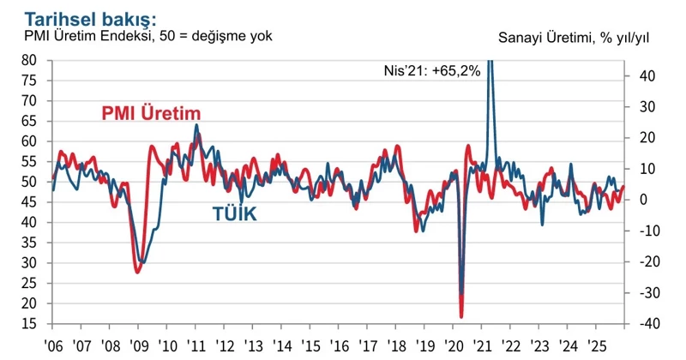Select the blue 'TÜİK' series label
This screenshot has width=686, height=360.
(x=234, y=214)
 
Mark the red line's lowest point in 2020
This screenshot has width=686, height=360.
(x=461, y=317)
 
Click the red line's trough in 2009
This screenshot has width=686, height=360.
(x=138, y=272)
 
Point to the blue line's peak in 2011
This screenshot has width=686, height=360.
(x=196, y=125)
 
